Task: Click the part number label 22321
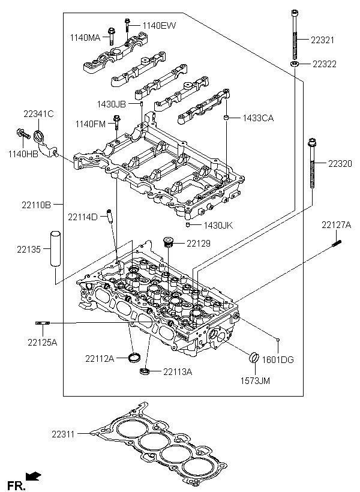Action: tap(323, 40)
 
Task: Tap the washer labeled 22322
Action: tap(295, 64)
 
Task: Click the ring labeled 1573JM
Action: tap(254, 359)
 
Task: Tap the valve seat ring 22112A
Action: tap(136, 359)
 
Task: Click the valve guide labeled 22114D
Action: tap(110, 217)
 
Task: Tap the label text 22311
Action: tap(63, 433)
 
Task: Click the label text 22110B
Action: tap(37, 205)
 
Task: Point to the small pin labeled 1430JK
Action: tap(188, 224)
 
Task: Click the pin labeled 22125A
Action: tap(41, 324)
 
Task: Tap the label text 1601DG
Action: tap(280, 359)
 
